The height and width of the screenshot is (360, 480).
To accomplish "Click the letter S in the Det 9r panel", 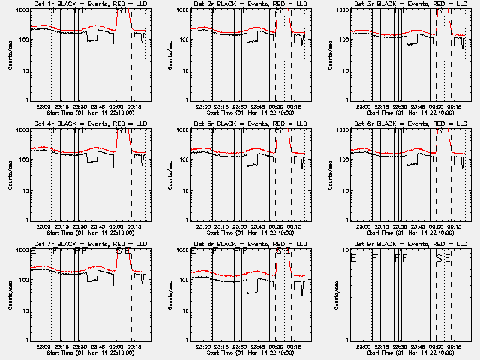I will [438, 257].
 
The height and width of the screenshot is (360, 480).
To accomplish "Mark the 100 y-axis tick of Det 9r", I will [341, 280].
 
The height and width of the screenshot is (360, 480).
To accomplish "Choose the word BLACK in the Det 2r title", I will [229, 4].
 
